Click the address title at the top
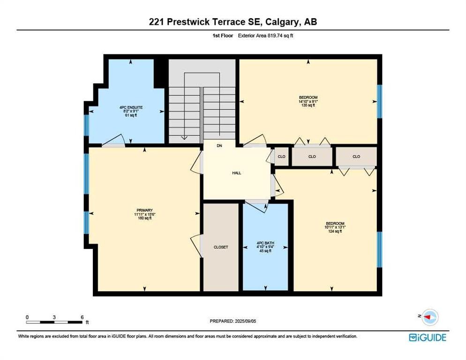233,22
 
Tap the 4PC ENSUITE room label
131,107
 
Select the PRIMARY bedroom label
145,210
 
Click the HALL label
236,173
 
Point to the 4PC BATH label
265,242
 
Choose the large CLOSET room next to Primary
221,247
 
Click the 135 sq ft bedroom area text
308,105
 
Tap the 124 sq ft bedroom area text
335,231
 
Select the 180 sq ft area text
145,218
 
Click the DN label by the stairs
219,146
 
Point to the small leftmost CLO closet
282,157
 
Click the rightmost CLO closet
356,157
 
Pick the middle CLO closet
312,157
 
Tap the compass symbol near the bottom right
429,317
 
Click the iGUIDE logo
427,337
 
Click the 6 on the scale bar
82,317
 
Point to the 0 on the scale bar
27,317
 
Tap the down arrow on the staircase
185,137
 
